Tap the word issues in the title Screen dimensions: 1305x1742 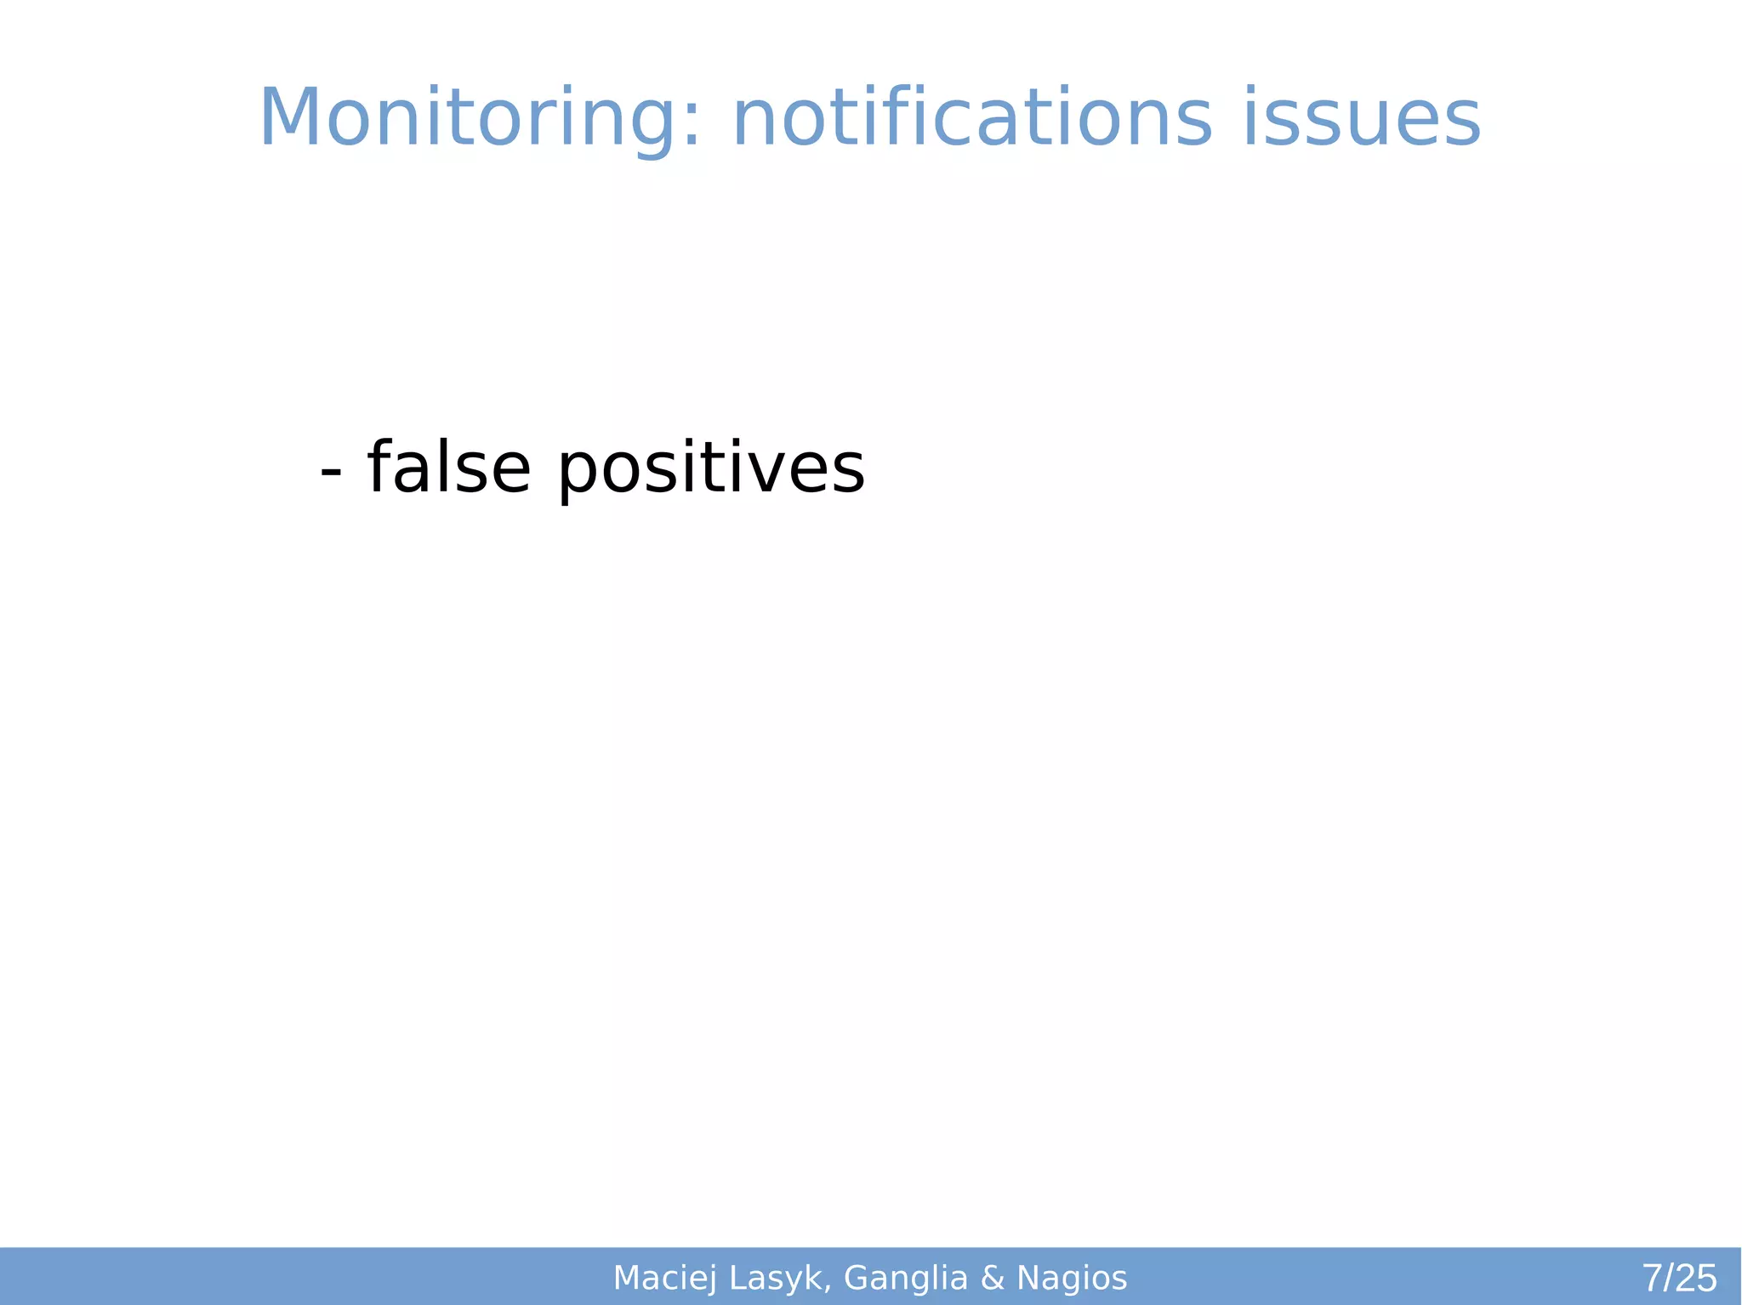click(x=1362, y=119)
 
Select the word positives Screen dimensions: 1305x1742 click(x=711, y=469)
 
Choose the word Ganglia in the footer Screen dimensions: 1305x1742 click(x=906, y=1278)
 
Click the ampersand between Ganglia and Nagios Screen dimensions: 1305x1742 click(x=992, y=1278)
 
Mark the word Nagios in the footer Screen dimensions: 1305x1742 click(x=1072, y=1278)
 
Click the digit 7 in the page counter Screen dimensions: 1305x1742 click(x=1653, y=1278)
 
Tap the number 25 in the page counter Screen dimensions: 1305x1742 click(x=1696, y=1278)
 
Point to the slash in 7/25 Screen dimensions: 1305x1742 click(x=1669, y=1278)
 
